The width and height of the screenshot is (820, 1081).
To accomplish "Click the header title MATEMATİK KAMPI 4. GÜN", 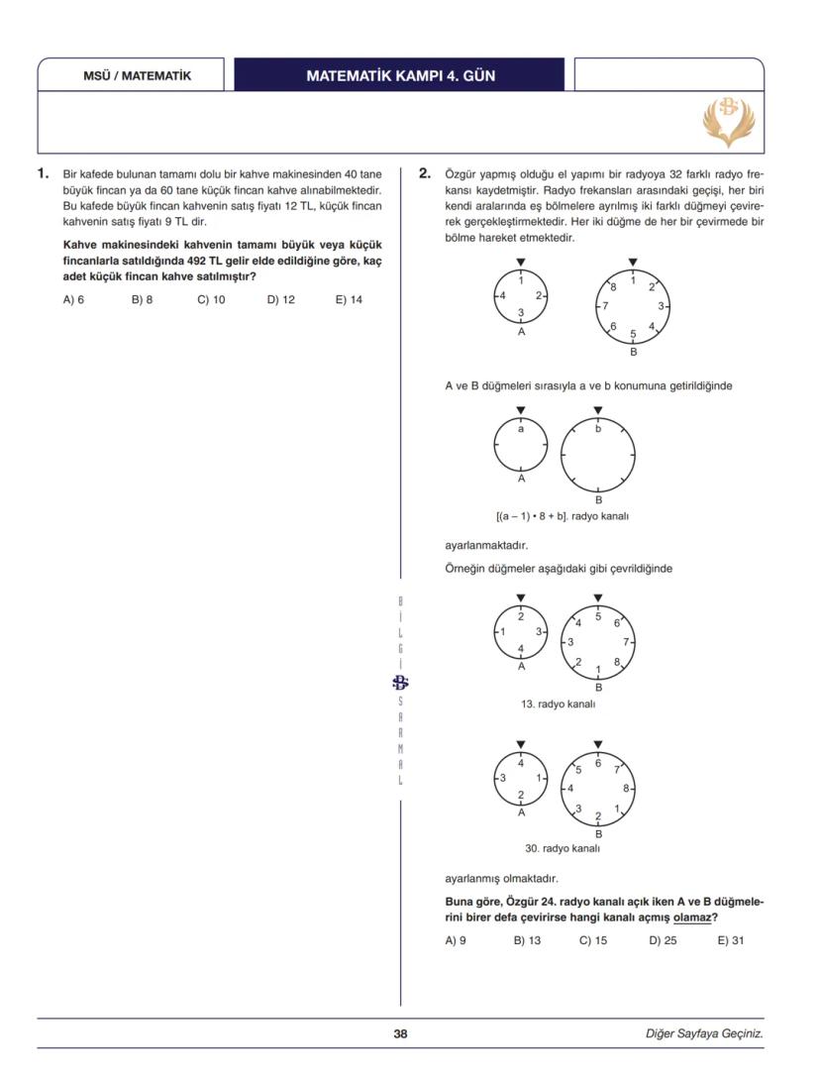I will pos(400,76).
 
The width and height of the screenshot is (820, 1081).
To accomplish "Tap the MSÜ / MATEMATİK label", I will pos(137,76).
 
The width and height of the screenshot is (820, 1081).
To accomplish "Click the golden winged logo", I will pos(728,119).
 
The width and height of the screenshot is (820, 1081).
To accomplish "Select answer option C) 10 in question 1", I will pos(211,298).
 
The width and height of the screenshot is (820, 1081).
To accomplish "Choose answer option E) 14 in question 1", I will pos(349,298).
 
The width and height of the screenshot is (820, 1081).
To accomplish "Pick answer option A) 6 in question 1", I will pos(73,298).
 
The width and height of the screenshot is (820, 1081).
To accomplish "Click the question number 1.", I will pos(43,173).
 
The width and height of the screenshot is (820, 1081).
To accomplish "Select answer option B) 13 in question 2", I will pos(527,940).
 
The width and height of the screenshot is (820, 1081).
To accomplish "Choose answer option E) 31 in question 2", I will pos(730,940).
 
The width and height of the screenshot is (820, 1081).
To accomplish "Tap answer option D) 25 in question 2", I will pos(663,940).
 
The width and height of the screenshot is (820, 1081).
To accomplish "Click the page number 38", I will pos(400,1033).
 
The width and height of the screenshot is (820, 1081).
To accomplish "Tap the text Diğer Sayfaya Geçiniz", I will pos(703,1033).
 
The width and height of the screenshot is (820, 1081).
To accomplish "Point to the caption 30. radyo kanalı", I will pos(562,848).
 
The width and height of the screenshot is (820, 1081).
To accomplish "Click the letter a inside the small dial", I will pos(521,429).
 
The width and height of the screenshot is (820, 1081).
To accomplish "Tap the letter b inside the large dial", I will pos(597,429).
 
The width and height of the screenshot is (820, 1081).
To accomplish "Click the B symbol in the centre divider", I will pos(400,682).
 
